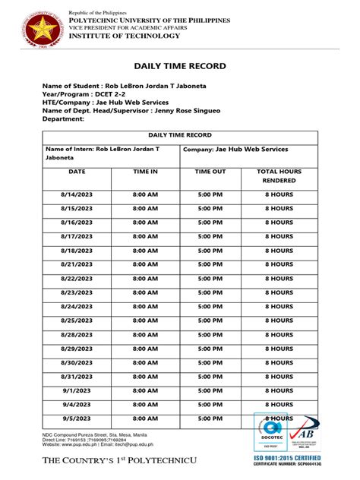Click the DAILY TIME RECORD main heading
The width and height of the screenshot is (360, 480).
pos(180,66)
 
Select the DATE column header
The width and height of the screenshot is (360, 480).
pos(77,172)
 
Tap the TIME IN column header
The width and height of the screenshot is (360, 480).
pos(145,172)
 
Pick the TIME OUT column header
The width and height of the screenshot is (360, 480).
pos(210,172)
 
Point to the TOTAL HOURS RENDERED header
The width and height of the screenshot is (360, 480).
pos(279,176)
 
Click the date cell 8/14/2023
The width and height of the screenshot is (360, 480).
pos(77,194)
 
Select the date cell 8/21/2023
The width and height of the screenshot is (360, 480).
pos(77,264)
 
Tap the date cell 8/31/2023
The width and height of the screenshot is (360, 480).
pos(77,376)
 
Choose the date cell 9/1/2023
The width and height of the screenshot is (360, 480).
pos(77,390)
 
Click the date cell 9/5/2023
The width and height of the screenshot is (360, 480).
pos(77,418)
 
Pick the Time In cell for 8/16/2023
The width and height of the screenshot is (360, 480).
pos(145,223)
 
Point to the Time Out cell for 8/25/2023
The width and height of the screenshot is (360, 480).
pos(210,320)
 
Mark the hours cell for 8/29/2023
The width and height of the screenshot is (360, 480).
pos(279,348)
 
